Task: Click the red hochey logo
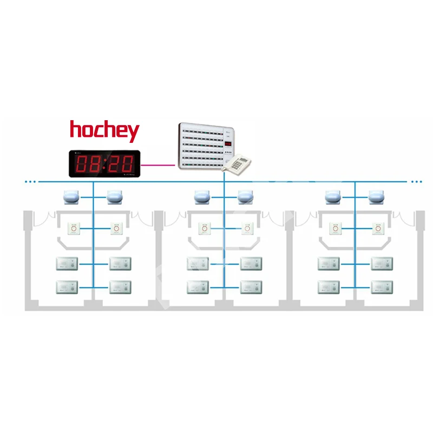pos(104,130)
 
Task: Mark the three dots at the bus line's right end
pos(416,182)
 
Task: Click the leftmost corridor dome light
pos(72,198)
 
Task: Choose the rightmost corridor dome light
pos(378,198)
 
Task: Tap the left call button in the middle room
pos(204,229)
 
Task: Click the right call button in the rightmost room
pos(378,229)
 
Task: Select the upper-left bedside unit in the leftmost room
pos(67,264)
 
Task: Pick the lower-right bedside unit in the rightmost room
pos(382,287)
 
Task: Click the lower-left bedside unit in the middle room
pos(198,287)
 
